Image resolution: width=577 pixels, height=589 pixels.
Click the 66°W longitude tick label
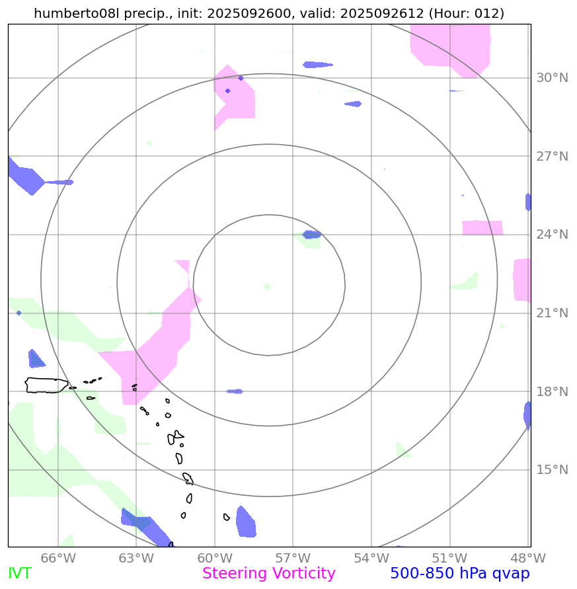point(58,558)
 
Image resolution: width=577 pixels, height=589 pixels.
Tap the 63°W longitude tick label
point(136,558)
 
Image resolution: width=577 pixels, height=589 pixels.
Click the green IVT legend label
point(19,574)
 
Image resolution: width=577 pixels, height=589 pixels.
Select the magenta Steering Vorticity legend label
point(268,574)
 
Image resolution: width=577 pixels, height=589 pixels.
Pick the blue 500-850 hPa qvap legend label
point(459,574)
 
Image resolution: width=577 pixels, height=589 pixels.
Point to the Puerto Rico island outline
point(46,385)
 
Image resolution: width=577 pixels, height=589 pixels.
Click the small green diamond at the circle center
point(267,287)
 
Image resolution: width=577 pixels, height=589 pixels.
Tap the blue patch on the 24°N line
point(311,234)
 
